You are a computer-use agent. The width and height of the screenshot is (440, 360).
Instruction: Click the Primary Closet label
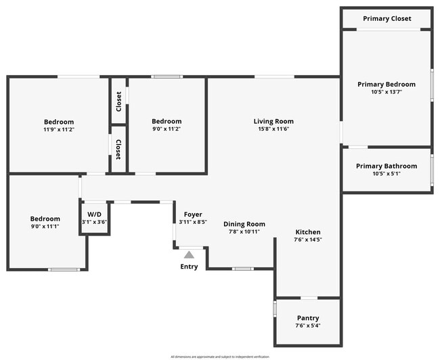point(387,18)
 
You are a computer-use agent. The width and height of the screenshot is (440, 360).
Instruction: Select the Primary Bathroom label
point(387,166)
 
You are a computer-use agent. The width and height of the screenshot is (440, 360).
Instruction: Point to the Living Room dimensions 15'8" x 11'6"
point(273,129)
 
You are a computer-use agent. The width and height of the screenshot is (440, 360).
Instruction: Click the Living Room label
point(273,122)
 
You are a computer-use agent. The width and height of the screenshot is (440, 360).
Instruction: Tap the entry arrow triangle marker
point(190,254)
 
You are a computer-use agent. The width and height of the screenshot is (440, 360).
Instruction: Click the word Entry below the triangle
point(190,267)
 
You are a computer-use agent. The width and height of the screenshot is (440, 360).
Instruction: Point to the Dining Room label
point(244,224)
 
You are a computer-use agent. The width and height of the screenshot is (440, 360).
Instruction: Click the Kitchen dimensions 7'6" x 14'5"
point(308,240)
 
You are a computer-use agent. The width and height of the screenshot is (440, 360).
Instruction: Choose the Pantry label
point(308,318)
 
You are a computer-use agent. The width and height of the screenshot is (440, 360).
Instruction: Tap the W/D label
point(94,214)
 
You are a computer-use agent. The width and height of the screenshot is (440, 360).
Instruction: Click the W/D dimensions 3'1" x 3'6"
point(94,221)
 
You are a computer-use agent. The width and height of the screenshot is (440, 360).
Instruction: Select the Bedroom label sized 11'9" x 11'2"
point(59,122)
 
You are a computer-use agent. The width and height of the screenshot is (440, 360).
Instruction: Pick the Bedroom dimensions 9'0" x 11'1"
point(45,226)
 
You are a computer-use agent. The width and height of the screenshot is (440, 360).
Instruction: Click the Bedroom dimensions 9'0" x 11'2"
point(167,129)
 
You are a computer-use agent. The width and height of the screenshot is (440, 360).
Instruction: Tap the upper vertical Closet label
point(119,101)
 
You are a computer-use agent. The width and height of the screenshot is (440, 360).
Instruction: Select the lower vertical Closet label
point(118,150)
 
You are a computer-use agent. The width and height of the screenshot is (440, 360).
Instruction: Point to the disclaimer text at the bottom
point(220,357)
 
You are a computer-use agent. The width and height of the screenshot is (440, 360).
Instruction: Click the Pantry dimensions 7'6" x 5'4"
point(308,325)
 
